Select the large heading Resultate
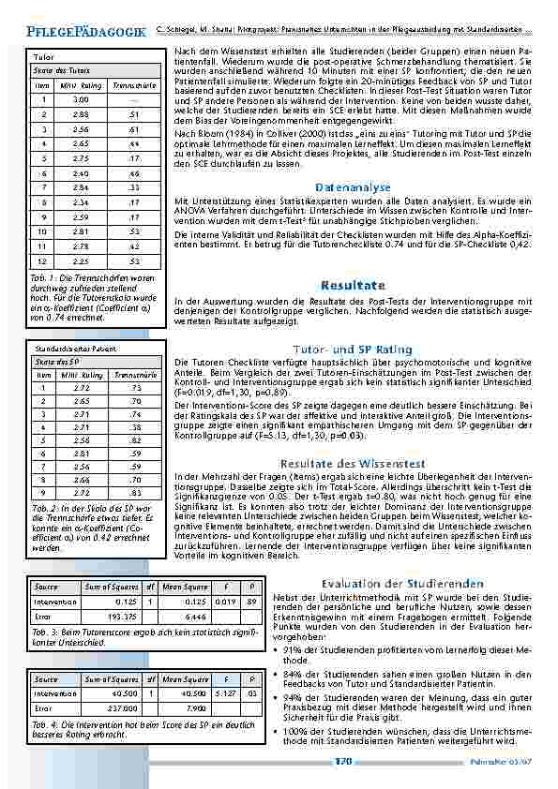click(353, 284)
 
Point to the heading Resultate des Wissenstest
click(353, 463)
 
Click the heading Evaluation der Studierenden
click(403, 582)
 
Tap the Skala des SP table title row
click(56, 360)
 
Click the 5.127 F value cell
click(221, 693)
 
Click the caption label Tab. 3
click(44, 633)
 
